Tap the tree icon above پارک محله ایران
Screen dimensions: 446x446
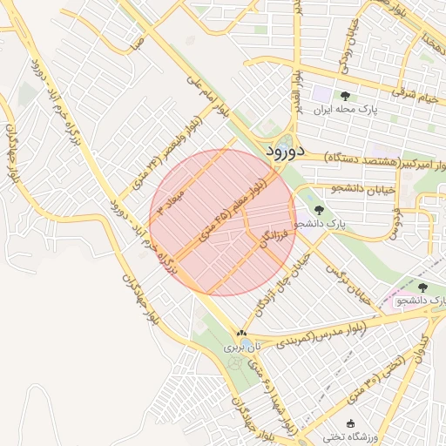[345, 96]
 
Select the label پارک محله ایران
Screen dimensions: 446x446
[345, 111]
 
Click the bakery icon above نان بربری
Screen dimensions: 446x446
[241, 333]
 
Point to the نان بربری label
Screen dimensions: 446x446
[241, 347]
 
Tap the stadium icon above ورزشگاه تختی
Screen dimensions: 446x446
[351, 423]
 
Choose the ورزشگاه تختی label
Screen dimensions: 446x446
[351, 436]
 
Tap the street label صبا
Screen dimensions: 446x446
[134, 40]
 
